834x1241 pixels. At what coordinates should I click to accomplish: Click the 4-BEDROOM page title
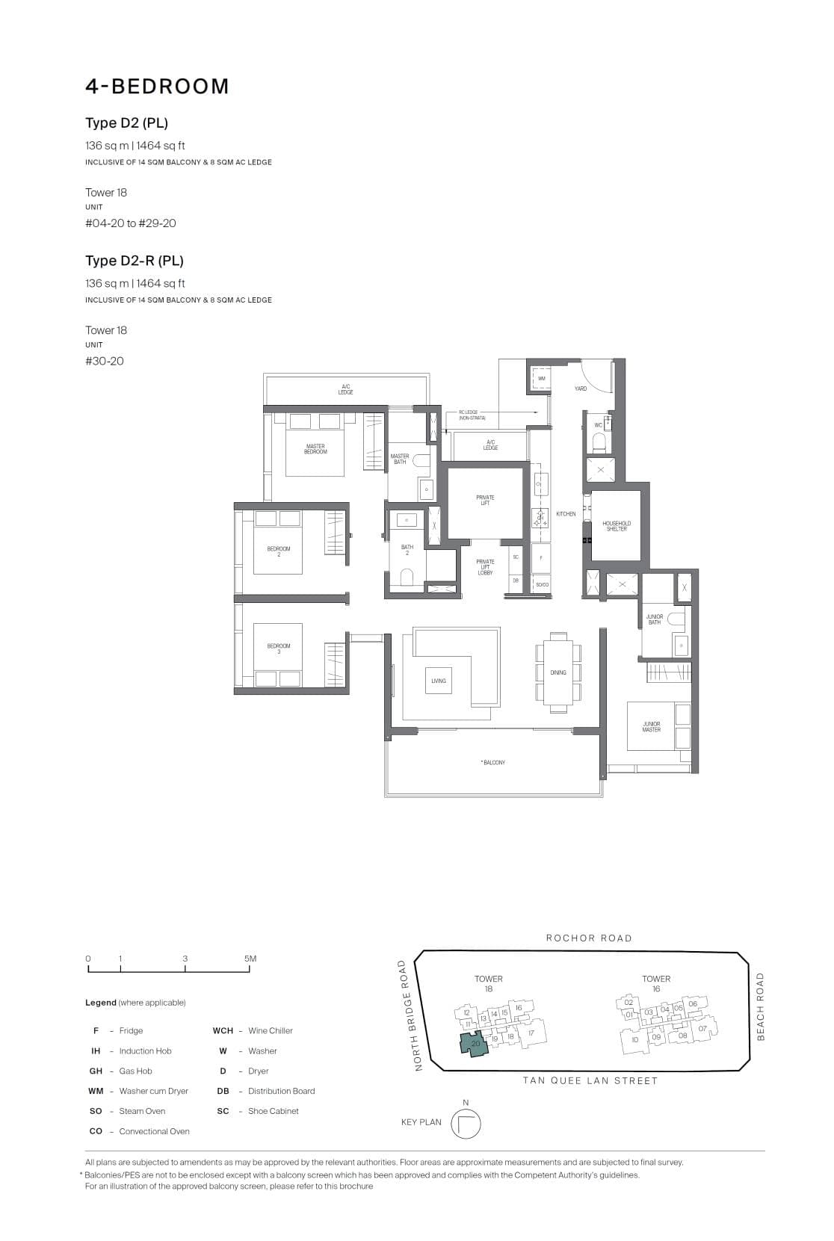click(x=157, y=87)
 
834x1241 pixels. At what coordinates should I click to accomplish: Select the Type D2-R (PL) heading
click(x=135, y=261)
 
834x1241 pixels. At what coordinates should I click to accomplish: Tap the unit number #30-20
click(x=105, y=362)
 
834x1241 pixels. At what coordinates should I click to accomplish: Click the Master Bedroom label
click(x=315, y=449)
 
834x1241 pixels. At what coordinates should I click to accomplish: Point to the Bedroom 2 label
click(x=279, y=551)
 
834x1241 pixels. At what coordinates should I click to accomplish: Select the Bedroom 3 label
click(x=279, y=649)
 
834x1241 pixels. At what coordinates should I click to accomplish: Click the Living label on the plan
click(x=439, y=681)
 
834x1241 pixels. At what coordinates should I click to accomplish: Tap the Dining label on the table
click(x=558, y=672)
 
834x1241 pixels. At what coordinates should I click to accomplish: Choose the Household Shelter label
click(x=617, y=526)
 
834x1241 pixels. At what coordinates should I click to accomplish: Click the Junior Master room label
click(x=652, y=726)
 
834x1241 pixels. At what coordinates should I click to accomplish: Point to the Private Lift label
click(x=485, y=500)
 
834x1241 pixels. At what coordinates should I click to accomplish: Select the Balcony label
click(x=493, y=763)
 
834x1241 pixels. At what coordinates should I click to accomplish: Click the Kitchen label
click(x=566, y=514)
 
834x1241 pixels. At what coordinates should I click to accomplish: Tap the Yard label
click(x=581, y=389)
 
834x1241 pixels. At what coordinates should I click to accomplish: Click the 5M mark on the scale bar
click(x=250, y=959)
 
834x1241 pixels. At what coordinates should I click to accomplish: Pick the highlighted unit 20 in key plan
click(x=475, y=1044)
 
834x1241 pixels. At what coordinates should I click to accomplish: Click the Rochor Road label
click(x=589, y=938)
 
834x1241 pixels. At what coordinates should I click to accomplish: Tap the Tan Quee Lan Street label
click(x=590, y=1080)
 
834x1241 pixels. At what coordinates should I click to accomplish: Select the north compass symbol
click(x=466, y=1124)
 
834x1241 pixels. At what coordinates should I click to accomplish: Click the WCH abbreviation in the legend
click(x=223, y=1031)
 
